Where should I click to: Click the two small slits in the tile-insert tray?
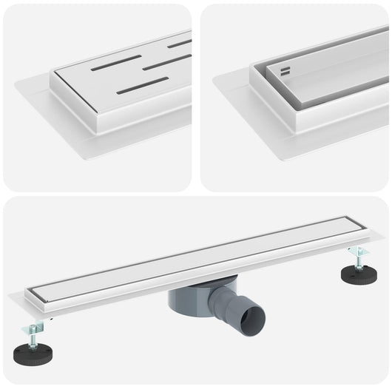(x=285, y=72)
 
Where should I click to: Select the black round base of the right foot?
(x=358, y=274)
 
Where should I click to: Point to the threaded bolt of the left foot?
(x=35, y=338)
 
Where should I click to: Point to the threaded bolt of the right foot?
(x=358, y=261)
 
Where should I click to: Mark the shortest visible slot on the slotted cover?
(x=179, y=44)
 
